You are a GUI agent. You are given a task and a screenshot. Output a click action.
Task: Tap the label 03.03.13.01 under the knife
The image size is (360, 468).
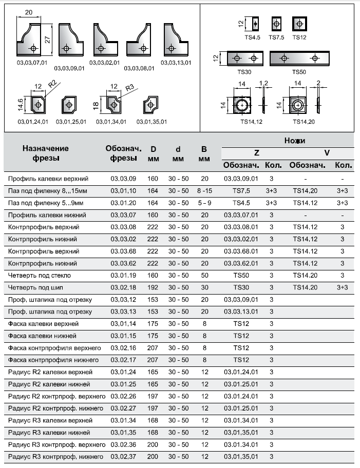[x=176, y=63]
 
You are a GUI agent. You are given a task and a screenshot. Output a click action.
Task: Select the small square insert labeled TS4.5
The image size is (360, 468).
[x=255, y=24]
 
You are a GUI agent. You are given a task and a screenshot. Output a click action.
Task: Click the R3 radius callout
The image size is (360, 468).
[x=130, y=88]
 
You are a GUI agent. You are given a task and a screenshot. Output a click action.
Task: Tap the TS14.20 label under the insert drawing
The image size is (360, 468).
[x=303, y=122]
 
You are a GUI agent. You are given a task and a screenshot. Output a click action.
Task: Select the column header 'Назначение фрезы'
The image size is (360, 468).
[x=45, y=153]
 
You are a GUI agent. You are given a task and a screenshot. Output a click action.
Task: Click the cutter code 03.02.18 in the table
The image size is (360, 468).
[x=123, y=287]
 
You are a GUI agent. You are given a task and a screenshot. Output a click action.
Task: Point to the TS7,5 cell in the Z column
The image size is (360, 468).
[x=241, y=191]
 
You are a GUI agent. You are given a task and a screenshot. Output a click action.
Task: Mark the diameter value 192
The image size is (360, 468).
[x=153, y=287]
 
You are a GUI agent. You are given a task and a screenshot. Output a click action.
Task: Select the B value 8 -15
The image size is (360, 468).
[x=204, y=191]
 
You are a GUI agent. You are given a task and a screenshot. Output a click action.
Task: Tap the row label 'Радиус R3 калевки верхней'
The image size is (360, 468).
[x=50, y=420]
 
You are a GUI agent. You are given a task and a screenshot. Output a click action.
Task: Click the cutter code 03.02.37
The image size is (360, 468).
[x=123, y=457]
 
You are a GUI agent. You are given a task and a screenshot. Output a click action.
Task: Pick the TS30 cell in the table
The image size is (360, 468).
[x=241, y=287]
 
